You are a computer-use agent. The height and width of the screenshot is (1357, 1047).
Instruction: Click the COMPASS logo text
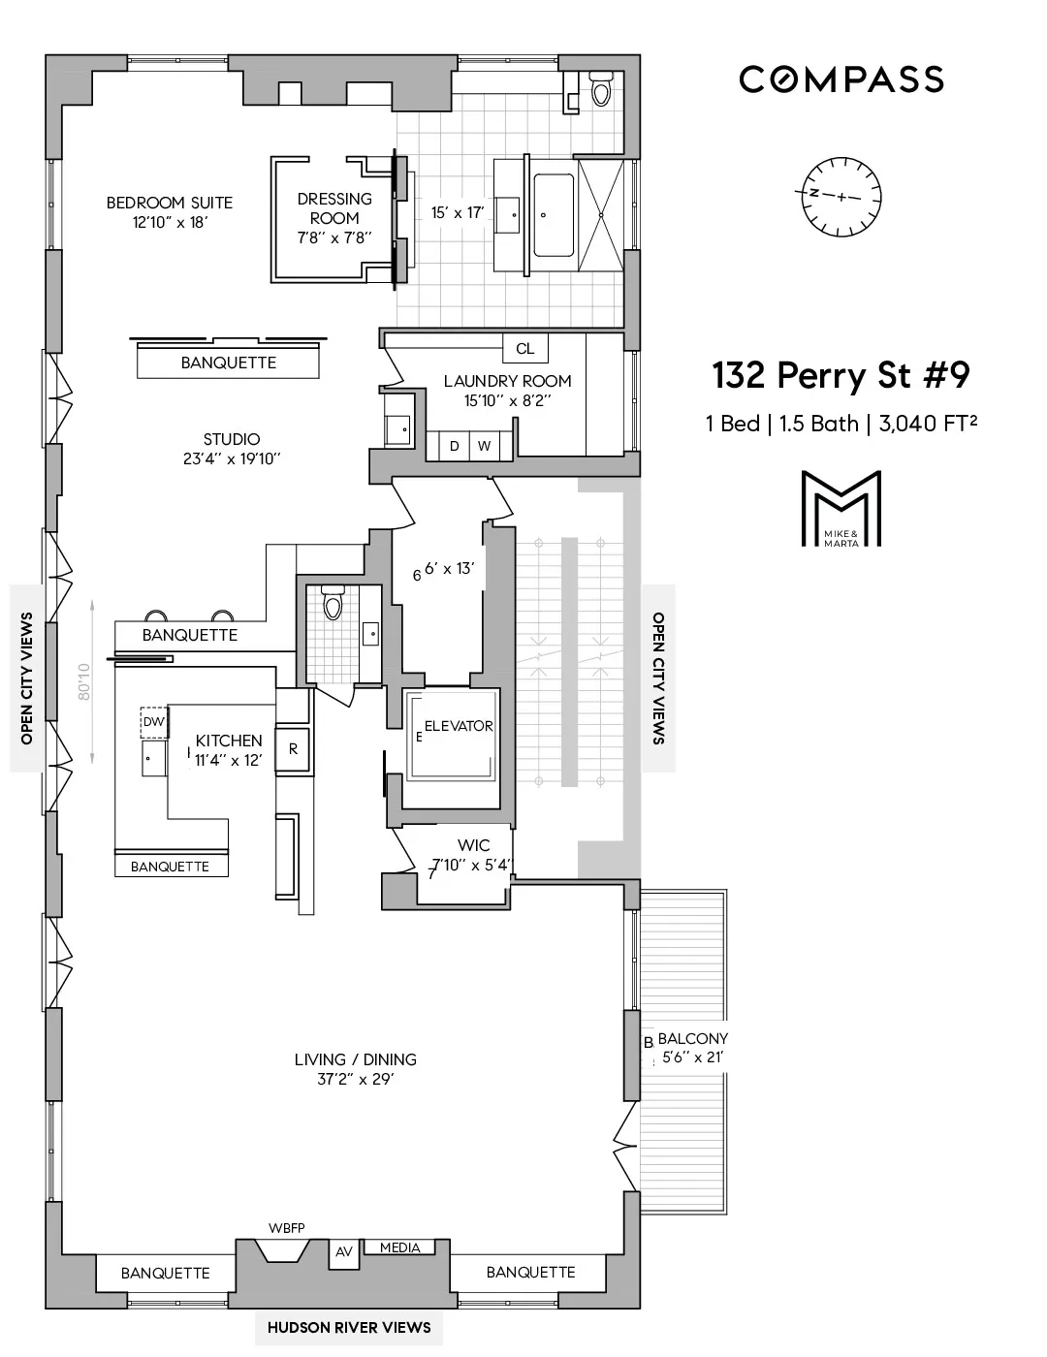point(841,79)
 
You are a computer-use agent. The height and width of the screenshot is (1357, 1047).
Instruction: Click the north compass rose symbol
point(841,195)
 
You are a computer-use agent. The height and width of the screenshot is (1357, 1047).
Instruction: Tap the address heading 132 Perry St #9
point(841,375)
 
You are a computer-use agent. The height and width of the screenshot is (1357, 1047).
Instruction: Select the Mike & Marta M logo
point(841,510)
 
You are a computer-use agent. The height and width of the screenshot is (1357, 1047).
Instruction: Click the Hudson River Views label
point(349,1327)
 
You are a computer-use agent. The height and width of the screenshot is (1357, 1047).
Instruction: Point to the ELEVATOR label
point(458,726)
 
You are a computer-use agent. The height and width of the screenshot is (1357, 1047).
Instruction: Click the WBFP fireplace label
point(286,1228)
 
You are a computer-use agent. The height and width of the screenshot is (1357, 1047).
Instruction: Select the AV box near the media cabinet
point(344,1252)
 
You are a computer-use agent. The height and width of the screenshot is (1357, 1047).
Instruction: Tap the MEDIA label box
point(399,1247)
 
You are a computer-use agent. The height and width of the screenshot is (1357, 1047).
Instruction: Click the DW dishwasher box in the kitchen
point(154,721)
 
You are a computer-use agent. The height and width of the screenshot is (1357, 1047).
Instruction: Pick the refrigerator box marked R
point(293,749)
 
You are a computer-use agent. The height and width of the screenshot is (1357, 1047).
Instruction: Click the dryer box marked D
point(454,446)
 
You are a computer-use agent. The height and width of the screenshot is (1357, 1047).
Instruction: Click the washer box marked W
point(484,446)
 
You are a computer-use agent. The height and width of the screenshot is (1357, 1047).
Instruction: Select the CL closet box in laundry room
point(524,349)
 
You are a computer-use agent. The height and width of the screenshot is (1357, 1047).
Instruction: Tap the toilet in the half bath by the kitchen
point(333,605)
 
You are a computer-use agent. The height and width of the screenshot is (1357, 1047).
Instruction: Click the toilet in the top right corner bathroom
point(600,92)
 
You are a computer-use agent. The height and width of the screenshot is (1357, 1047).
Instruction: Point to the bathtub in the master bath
point(555,215)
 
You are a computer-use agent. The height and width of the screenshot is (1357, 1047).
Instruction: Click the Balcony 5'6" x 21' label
point(692,1047)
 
